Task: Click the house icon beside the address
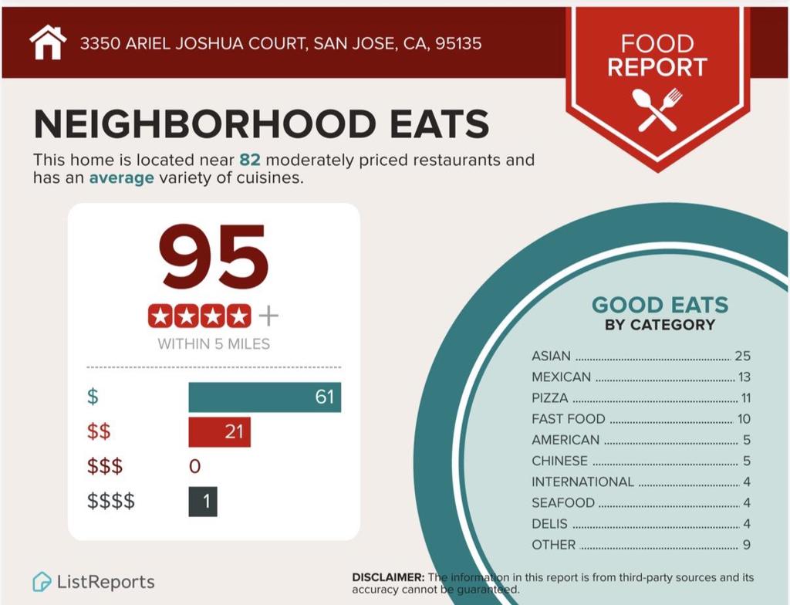[48, 42]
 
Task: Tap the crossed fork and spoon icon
[657, 109]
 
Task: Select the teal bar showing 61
[265, 397]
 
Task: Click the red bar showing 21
[219, 432]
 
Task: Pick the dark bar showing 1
[203, 502]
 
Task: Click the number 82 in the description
[249, 161]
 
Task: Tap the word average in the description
[121, 178]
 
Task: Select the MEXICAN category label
[561, 377]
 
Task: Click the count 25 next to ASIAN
[742, 357]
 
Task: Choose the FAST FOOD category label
[569, 419]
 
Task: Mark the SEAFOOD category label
[563, 502]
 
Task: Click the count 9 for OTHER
[746, 545]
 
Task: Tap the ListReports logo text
[105, 582]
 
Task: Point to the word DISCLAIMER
[387, 577]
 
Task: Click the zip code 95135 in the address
[458, 43]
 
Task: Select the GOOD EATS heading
[660, 305]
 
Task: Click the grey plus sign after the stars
[268, 316]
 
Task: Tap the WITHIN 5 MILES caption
[214, 344]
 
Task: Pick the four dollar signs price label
[111, 502]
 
